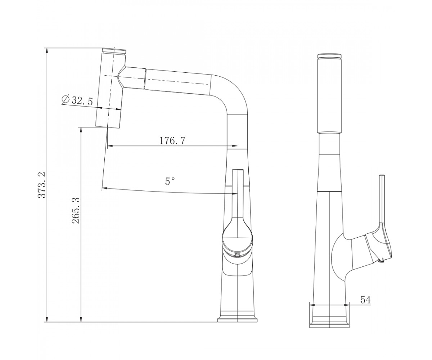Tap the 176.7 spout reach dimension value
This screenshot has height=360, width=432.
pyautogui.click(x=172, y=141)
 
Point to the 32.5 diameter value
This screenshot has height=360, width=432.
pyautogui.click(x=82, y=101)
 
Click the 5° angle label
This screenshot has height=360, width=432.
pyautogui.click(x=170, y=181)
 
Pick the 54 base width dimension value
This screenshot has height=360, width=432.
pyautogui.click(x=366, y=300)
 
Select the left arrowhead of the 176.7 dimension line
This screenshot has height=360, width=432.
pyautogui.click(x=110, y=146)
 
